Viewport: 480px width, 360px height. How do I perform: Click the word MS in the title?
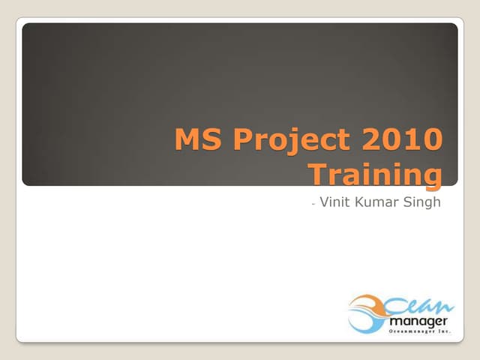tap(193, 141)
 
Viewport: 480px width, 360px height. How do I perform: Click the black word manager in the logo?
tap(415, 321)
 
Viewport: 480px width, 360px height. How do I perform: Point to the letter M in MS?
tap(186, 141)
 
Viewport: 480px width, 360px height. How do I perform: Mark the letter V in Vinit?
tap(324, 202)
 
